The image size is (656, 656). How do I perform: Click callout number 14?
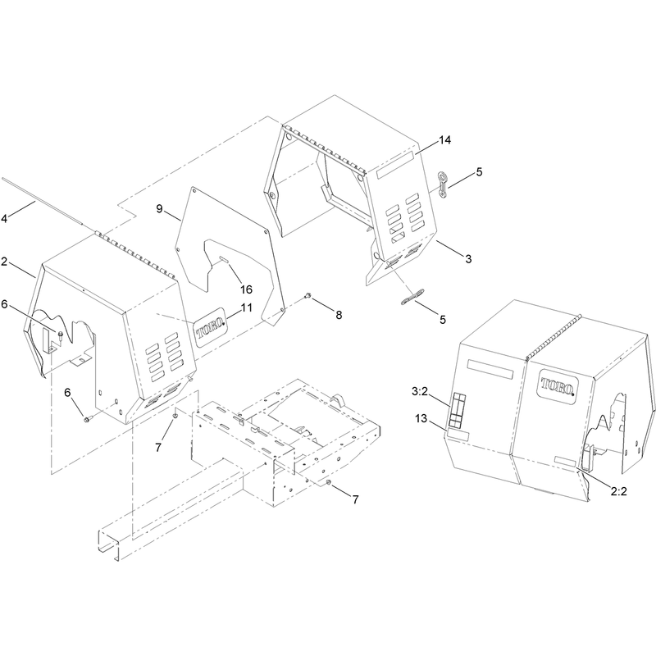(444, 140)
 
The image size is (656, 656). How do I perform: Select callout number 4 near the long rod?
(4, 218)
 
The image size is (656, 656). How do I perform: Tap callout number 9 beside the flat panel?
(159, 209)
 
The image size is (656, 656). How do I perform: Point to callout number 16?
(246, 289)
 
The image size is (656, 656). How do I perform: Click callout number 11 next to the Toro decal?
(247, 308)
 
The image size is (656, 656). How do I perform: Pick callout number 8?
(339, 315)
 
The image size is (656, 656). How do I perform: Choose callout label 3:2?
(420, 392)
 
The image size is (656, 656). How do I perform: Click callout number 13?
(421, 418)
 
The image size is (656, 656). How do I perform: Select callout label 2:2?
(619, 491)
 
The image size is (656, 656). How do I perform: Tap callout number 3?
(468, 259)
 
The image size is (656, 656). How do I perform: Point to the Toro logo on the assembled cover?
(558, 384)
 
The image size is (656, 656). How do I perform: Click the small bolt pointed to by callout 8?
(308, 296)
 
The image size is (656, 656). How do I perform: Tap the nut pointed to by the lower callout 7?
(329, 484)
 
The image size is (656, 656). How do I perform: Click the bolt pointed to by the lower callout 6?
(87, 418)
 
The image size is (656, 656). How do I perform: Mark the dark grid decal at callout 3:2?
(457, 411)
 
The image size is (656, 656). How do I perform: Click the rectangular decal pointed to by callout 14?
(395, 166)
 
